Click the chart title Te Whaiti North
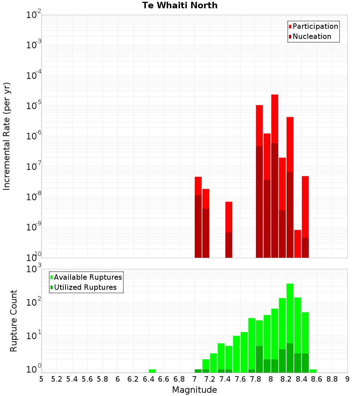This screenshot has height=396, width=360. pyautogui.click(x=180, y=5)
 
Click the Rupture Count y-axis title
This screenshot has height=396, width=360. pyautogui.click(x=14, y=321)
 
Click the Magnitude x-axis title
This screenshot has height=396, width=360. pyautogui.click(x=194, y=390)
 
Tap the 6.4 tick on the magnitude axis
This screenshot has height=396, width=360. pyautogui.click(x=148, y=379)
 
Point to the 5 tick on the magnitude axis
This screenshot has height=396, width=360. pyautogui.click(x=41, y=379)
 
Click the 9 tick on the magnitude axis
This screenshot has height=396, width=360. pyautogui.click(x=347, y=379)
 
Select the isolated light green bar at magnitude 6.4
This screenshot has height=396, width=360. pyautogui.click(x=152, y=371)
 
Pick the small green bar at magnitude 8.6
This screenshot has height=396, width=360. pyautogui.click(x=313, y=371)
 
